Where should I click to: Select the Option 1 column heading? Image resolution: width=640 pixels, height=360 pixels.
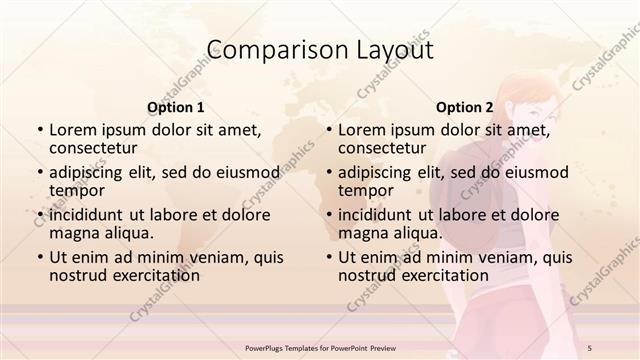(176, 107)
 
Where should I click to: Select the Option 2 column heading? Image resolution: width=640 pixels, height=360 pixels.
(464, 107)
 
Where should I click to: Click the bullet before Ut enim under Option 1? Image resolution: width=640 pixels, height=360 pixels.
(40, 257)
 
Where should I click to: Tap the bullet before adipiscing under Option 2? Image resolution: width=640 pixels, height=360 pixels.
(329, 172)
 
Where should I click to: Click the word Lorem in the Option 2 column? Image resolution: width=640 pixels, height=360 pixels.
(361, 130)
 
